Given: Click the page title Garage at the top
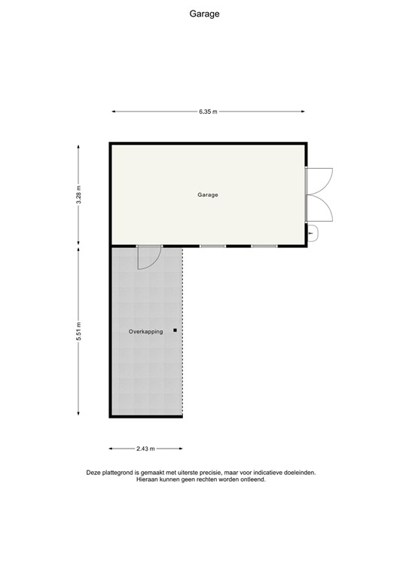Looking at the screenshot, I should [204, 14].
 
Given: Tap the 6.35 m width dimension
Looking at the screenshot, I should [208, 112].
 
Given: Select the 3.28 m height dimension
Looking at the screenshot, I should [78, 195].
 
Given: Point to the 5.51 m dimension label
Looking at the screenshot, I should [78, 332].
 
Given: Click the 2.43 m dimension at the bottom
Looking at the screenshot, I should [145, 449].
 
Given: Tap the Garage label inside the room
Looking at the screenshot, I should [208, 195].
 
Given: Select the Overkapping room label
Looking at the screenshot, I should [145, 331].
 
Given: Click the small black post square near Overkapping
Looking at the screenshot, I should [176, 330].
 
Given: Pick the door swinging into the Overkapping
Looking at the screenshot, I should [148, 257].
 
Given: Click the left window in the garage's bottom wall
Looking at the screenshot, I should [212, 247].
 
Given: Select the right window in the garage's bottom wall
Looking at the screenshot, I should [264, 247].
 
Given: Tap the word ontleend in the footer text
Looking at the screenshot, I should [252, 479].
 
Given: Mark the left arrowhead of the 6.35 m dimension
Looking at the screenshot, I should [114, 112].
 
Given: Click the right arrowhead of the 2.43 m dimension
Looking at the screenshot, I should [180, 449].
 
